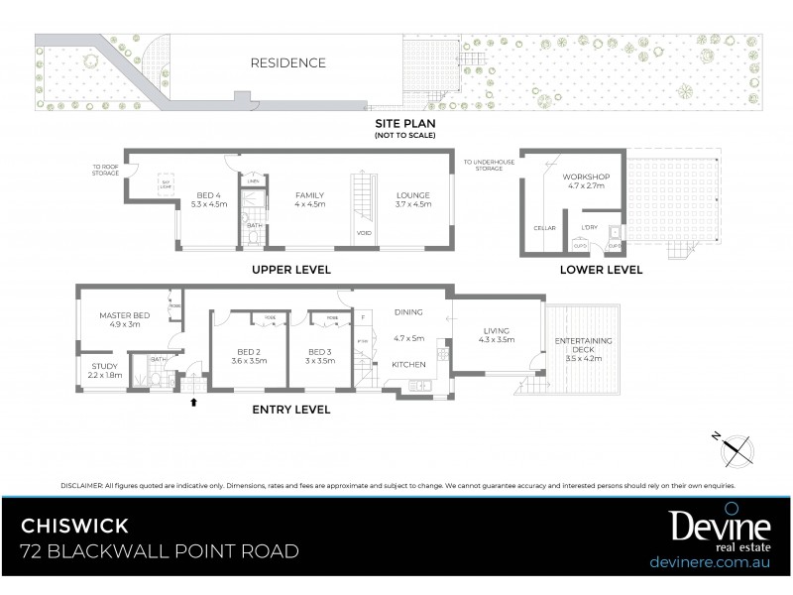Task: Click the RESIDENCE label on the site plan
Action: pos(286,62)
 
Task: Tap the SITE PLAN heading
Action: pos(404,124)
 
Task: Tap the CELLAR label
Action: pos(545,228)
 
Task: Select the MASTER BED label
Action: pos(123,316)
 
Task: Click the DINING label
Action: pos(407,312)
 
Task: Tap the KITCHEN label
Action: pos(408,365)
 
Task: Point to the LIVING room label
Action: pos(495,332)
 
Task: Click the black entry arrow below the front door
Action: pos(193,402)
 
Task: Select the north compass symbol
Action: pos(735,448)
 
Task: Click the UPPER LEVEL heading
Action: pos(291,270)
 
